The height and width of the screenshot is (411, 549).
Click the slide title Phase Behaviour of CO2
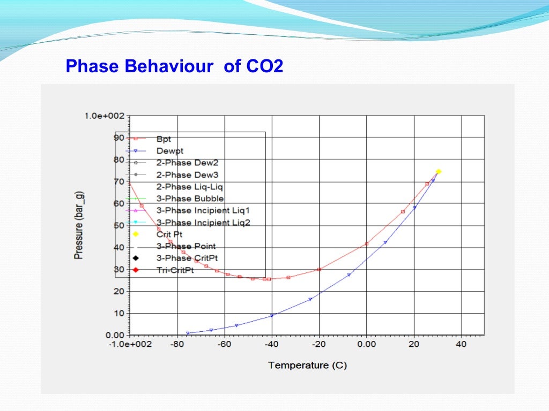point(174,67)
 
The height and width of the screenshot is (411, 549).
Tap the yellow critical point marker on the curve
point(438,172)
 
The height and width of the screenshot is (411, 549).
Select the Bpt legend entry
point(164,138)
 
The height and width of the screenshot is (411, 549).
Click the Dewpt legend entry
point(169,151)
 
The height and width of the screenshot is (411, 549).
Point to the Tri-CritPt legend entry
point(175,270)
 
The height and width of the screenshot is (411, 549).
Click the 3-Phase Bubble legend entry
point(190,199)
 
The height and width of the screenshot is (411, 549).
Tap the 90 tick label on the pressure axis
point(118,138)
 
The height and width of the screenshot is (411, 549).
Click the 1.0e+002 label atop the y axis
point(105,116)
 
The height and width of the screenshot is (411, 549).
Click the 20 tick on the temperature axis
point(413,344)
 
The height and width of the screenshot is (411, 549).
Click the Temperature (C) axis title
point(307,366)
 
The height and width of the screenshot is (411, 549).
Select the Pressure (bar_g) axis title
point(78,225)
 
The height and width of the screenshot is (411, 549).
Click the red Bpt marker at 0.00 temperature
point(367,244)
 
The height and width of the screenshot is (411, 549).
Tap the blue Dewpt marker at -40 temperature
point(272,315)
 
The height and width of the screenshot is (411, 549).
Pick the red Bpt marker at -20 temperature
point(319,269)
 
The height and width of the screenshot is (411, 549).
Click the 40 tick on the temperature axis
point(461,344)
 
